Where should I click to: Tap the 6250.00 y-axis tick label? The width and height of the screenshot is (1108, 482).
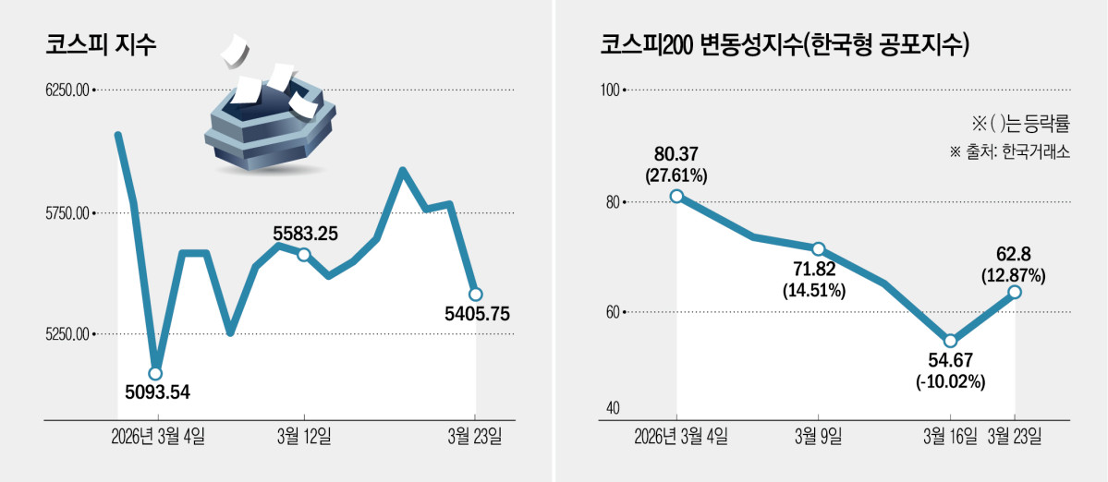66,90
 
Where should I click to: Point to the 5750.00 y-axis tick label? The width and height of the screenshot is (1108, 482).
66,213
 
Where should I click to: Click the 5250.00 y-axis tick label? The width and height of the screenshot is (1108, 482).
66,334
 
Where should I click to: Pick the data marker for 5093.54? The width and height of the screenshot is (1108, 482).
155,374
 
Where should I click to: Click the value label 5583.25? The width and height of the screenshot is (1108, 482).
305,235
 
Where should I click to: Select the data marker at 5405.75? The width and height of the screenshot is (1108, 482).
475,295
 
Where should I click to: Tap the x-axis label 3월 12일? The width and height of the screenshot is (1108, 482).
304,435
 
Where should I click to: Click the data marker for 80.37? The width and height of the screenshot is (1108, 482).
677,196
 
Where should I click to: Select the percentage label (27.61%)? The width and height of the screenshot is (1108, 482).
677,174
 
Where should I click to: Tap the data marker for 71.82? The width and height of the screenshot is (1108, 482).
818,249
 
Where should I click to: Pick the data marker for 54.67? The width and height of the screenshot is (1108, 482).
950,341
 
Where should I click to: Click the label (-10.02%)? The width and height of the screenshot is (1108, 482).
950,381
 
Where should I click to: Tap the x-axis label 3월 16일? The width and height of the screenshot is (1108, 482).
950,435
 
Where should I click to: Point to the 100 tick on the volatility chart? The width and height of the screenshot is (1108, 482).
609,90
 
